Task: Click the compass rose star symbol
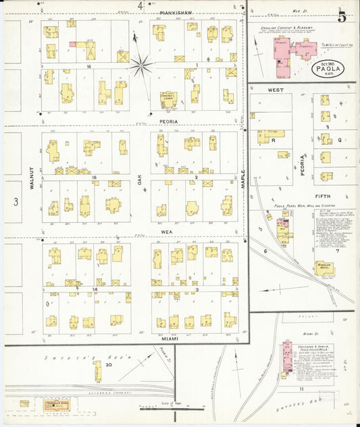[142, 66]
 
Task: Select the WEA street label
[168, 231]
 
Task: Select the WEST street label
[276, 89]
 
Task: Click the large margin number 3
[15, 201]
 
